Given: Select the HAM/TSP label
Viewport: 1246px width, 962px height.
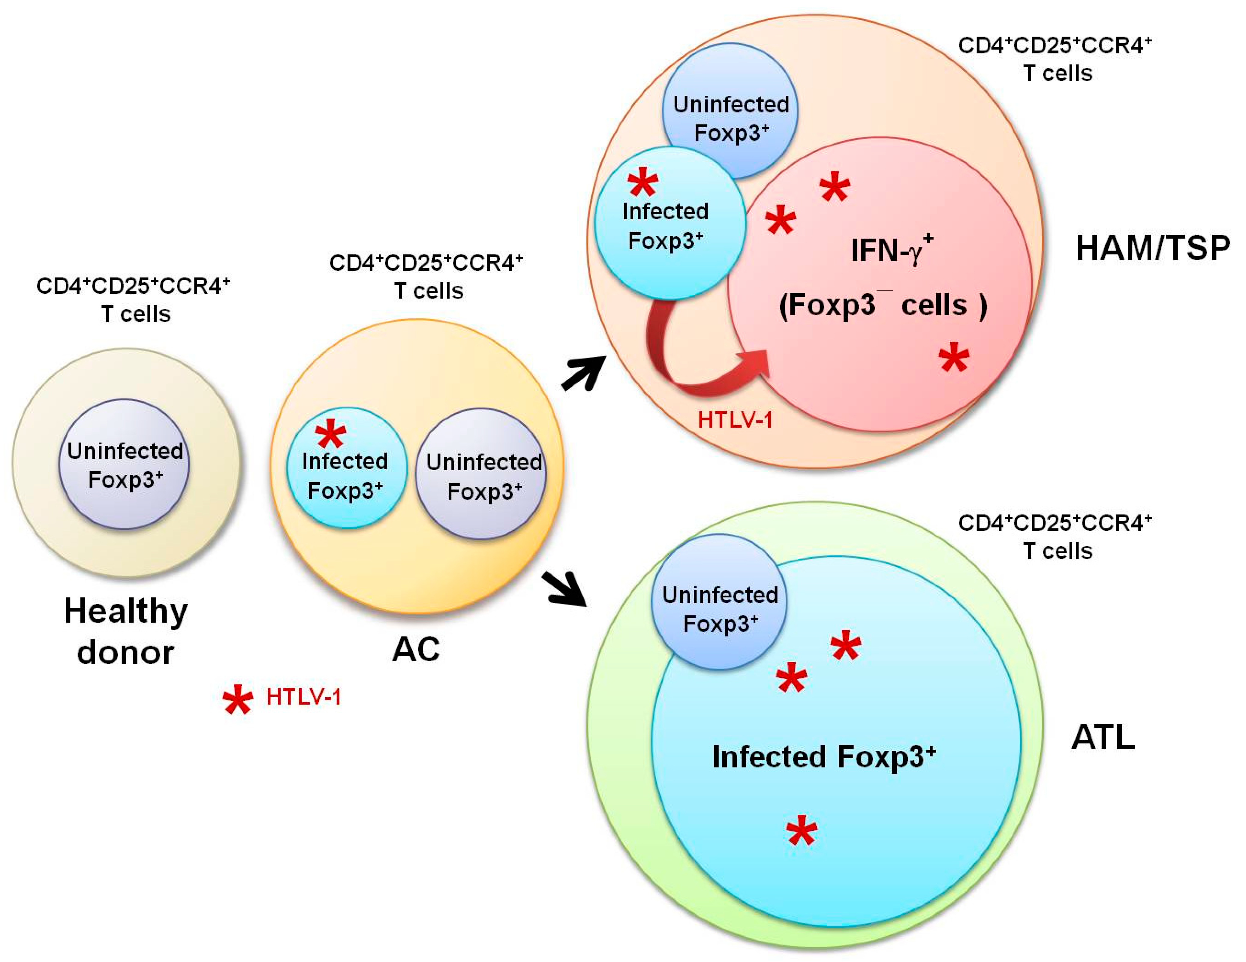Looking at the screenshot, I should (x=1152, y=248).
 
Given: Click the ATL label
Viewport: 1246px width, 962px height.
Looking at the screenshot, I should (x=1103, y=738).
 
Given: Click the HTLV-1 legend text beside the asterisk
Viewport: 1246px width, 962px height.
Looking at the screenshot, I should (x=303, y=697).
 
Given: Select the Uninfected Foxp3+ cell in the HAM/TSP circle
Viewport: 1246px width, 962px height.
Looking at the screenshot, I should (x=730, y=111).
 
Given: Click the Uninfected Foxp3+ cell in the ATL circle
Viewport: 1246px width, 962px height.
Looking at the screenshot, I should (x=719, y=602).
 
